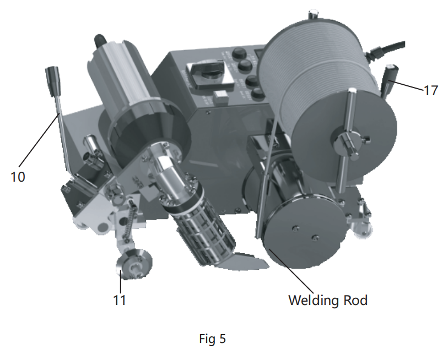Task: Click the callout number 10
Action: [18, 177]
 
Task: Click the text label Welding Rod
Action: [328, 301]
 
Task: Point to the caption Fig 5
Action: [212, 339]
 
